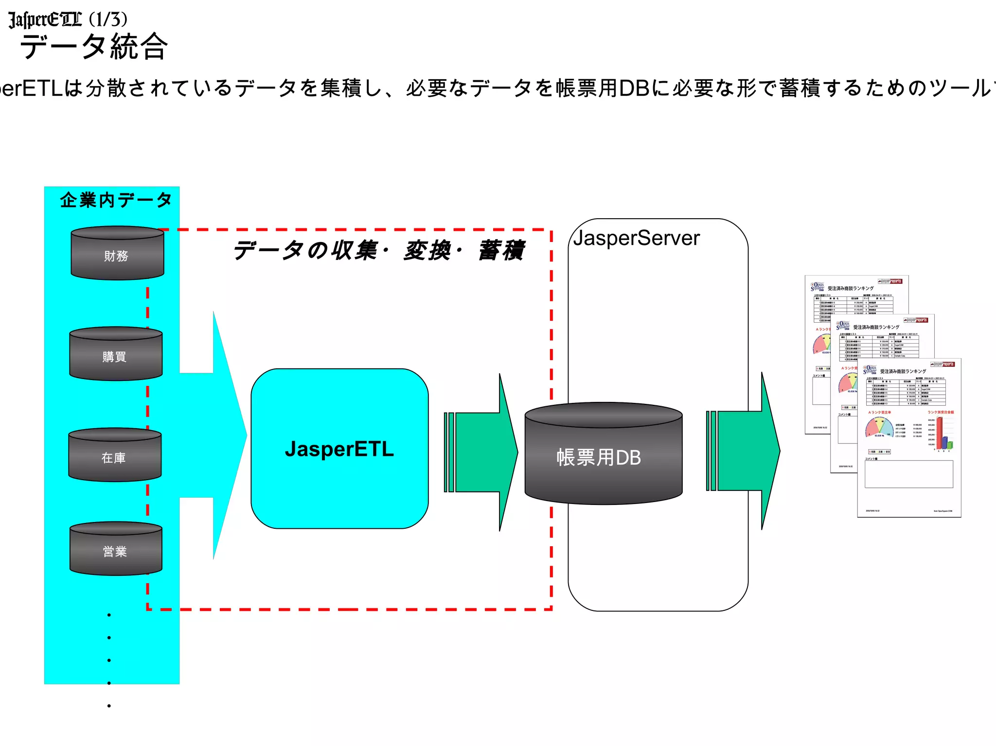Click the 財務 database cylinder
(117, 254)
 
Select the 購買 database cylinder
(116, 354)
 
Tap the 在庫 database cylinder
(115, 455)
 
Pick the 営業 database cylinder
(116, 549)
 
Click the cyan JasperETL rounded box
(339, 449)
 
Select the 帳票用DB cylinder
(603, 454)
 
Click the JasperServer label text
(636, 238)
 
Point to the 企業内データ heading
(116, 200)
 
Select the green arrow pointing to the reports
(744, 451)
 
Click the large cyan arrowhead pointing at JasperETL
(229, 435)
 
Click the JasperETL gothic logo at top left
(45, 19)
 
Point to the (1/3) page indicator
(108, 19)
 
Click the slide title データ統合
(94, 47)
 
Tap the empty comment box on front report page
(908, 474)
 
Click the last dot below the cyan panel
(109, 706)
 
